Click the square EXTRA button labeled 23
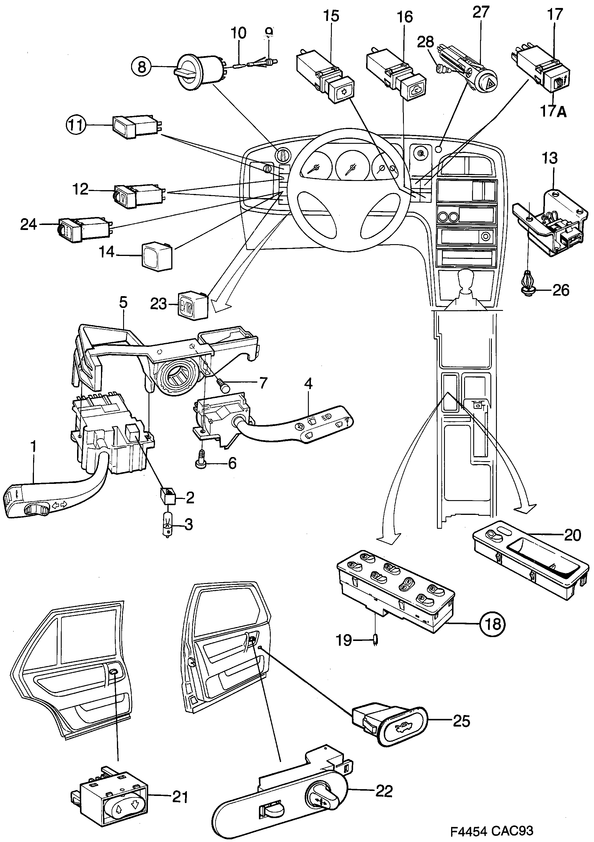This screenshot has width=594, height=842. [x=193, y=304]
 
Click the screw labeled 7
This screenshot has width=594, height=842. [x=223, y=385]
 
